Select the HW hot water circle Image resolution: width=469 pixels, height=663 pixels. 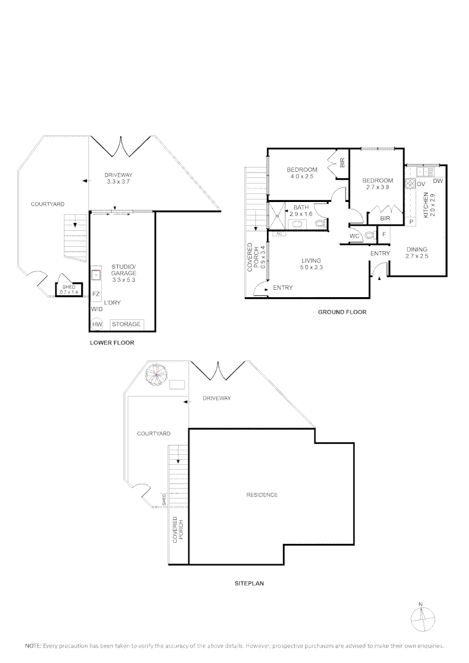coord(97,324)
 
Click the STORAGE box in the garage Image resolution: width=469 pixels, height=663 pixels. coord(126,324)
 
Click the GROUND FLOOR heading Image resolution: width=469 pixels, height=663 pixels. coord(342,312)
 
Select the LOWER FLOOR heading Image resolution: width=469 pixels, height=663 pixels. coord(112,343)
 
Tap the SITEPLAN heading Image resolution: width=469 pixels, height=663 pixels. coord(249,584)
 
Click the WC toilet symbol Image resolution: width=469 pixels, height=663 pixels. coord(370,235)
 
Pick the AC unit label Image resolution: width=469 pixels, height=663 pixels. coord(278,234)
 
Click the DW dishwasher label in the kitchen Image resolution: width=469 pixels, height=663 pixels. coord(438,181)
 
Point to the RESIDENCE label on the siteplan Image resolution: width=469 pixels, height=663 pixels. coord(262,495)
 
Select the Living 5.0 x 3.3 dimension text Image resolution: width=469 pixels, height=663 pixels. coord(311,268)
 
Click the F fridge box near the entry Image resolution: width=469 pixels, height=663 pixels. coord(384,234)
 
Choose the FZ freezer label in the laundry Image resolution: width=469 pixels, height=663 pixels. coord(96,294)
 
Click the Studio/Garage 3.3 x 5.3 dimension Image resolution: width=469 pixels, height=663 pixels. coord(123,279)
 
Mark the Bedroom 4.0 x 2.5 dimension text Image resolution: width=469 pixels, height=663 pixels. coord(301,177)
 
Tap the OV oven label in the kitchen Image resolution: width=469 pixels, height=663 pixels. coord(421,184)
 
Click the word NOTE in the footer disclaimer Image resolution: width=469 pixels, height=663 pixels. coord(33,646)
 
